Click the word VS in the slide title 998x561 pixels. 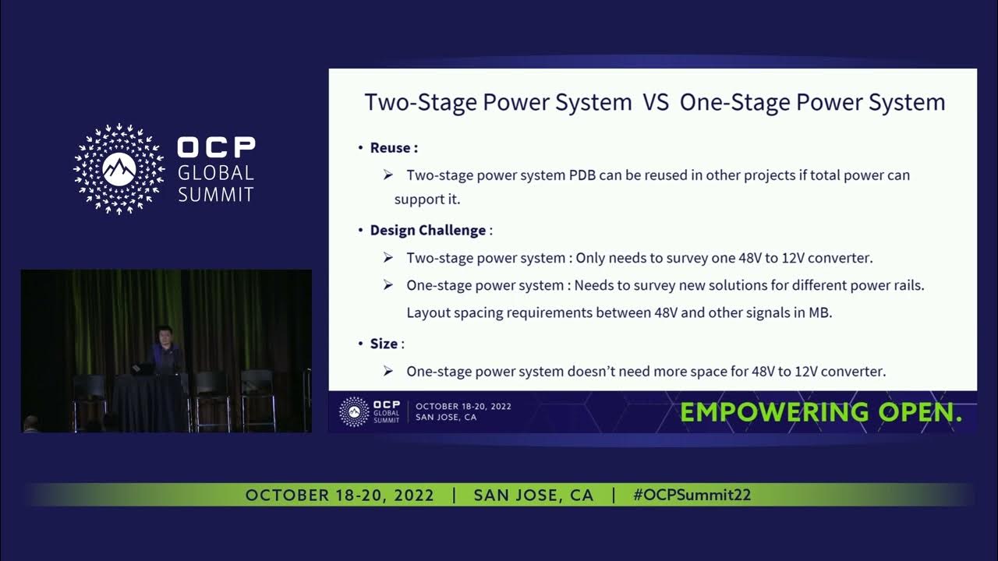click(x=656, y=103)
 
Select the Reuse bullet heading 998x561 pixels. click(x=393, y=148)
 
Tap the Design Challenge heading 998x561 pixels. click(x=427, y=231)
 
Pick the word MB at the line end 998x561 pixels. click(x=821, y=313)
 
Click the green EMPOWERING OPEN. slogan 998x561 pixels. click(x=821, y=413)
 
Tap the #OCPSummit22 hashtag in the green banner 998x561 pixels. click(x=692, y=496)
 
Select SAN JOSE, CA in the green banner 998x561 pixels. click(x=533, y=496)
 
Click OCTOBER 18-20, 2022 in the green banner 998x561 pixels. click(x=339, y=496)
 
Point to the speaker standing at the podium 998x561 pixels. click(x=165, y=351)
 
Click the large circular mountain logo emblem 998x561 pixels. click(x=119, y=169)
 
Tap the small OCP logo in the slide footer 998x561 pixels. click(x=354, y=411)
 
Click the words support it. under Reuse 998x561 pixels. click(x=427, y=199)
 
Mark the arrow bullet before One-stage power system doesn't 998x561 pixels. click(x=388, y=372)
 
